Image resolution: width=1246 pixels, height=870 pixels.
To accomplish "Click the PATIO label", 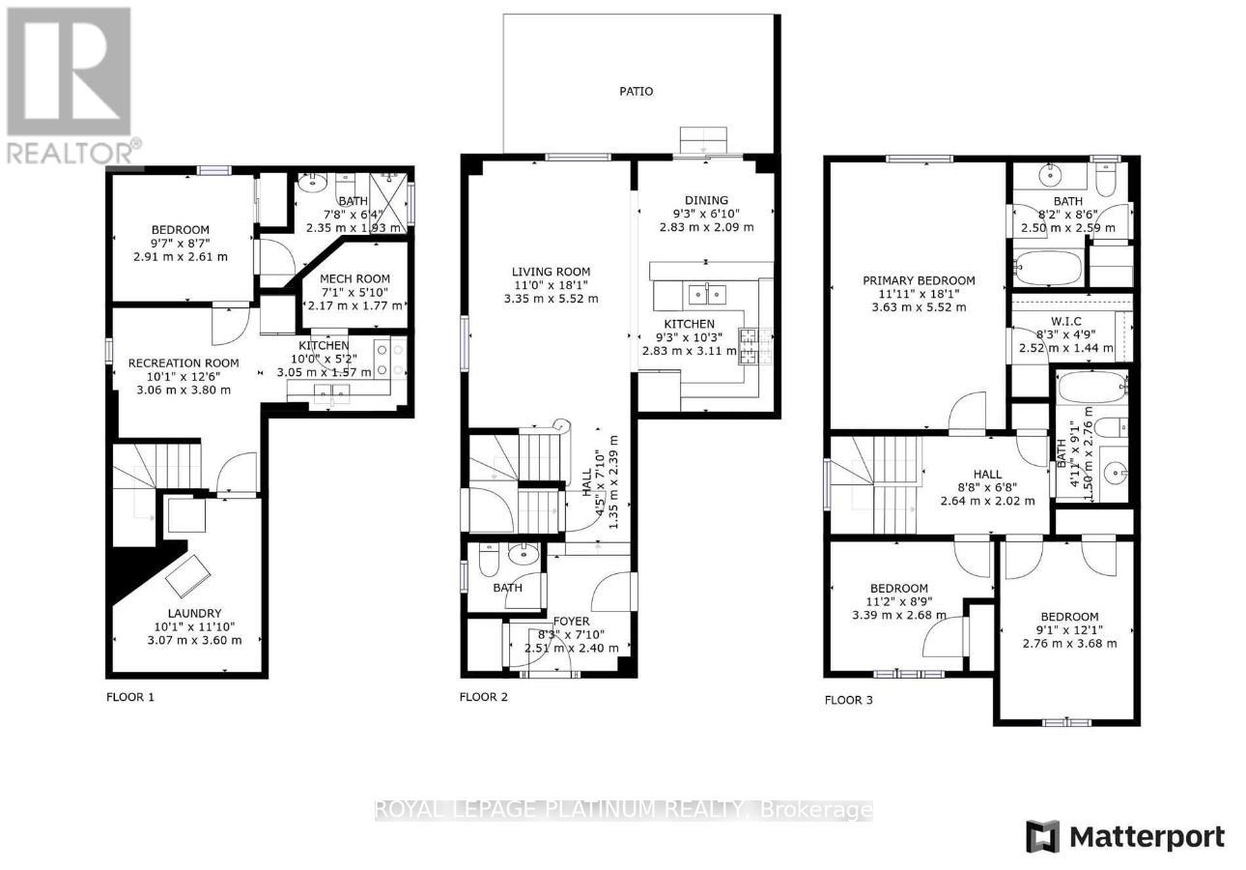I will (636, 91).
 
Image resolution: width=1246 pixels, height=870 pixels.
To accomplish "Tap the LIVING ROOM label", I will (551, 272).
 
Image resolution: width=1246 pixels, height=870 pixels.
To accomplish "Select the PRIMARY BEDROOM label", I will (918, 280).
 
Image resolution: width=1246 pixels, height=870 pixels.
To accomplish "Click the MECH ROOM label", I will (354, 278).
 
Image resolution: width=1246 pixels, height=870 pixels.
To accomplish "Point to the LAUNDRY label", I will (189, 613).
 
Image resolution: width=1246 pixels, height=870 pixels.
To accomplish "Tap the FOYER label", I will (571, 622).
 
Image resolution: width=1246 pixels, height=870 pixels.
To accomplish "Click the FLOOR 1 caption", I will (129, 696).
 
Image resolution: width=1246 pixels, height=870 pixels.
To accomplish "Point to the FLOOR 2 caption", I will (483, 696).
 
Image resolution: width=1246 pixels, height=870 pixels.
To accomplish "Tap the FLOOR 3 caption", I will (849, 700).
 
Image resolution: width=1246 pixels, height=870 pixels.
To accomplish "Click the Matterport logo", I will (1125, 836).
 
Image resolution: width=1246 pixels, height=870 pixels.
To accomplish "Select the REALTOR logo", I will (70, 85).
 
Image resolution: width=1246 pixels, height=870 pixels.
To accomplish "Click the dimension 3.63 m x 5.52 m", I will (918, 307).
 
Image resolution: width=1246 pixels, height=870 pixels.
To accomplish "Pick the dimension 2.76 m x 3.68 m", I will (1069, 643).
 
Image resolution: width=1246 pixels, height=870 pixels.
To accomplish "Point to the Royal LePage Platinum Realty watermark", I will (623, 810).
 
